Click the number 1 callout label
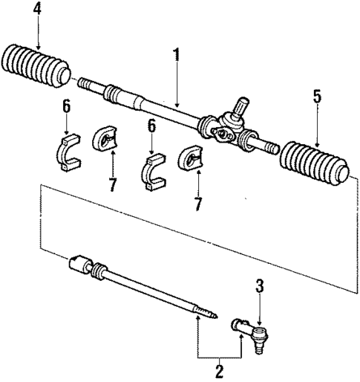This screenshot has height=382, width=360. (x=176, y=54)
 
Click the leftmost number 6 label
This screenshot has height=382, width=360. (x=66, y=108)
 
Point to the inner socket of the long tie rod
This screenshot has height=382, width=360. (x=82, y=267)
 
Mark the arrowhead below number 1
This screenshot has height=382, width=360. (x=177, y=105)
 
